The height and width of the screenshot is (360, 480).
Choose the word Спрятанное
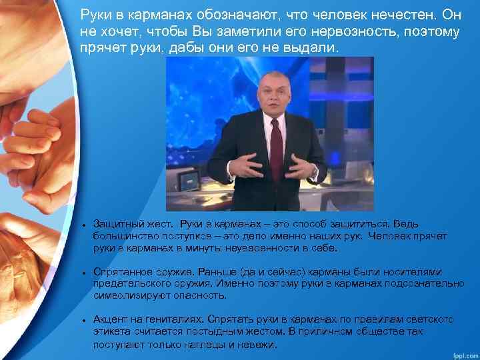[121, 272]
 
